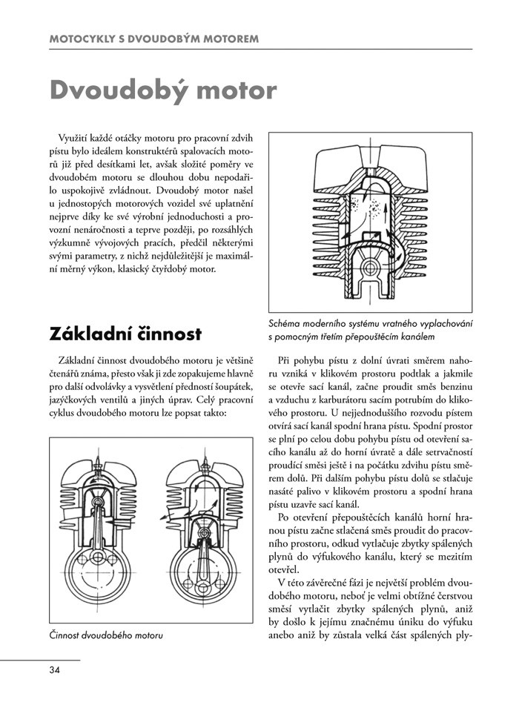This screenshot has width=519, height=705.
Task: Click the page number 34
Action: coord(54,670)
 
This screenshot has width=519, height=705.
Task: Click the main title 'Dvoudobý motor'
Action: coord(162,90)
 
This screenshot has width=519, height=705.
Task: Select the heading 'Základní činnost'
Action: coord(125,334)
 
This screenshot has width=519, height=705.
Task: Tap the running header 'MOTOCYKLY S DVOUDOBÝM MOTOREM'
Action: coord(153,37)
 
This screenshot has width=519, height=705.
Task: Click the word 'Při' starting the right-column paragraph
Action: coord(286,360)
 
